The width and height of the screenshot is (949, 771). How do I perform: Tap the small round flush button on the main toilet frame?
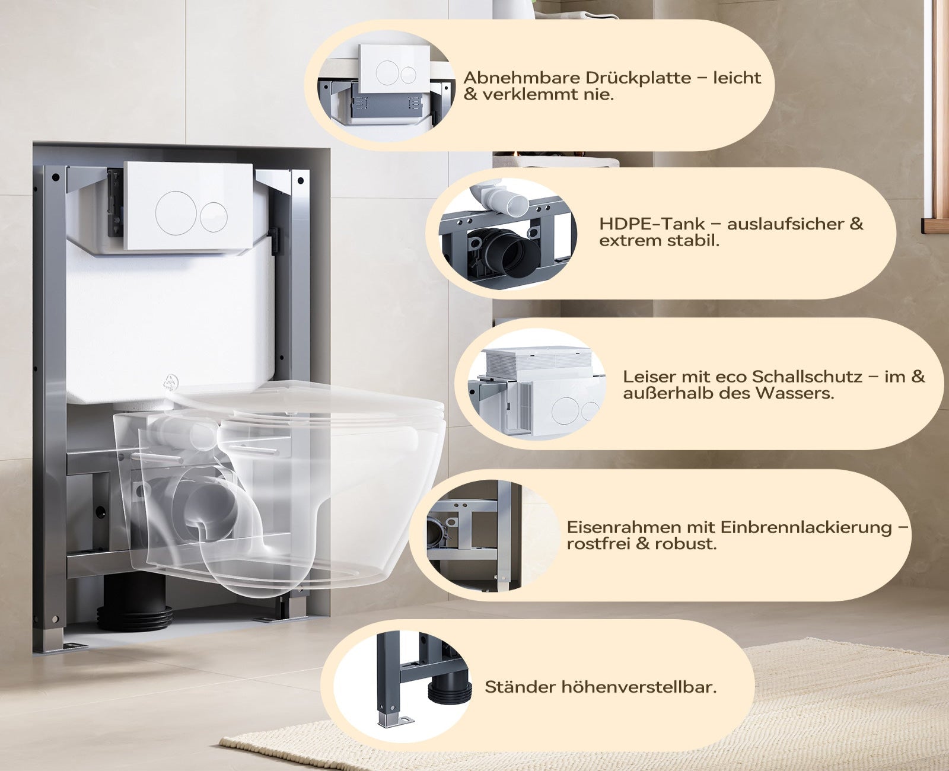214,216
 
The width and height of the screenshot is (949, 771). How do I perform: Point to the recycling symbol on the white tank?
170,382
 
